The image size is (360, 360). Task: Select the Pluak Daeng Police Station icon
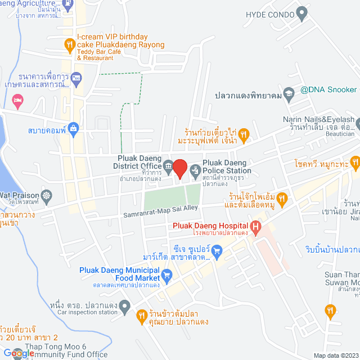pos(195,169)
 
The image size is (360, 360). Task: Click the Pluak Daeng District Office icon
pos(168,165)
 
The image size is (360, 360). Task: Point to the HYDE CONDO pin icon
pos(302,11)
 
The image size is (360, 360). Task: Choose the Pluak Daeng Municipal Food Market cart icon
pos(166,275)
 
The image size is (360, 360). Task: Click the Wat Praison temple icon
pos(46,196)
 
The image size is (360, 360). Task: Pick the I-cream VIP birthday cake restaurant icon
pos(69,43)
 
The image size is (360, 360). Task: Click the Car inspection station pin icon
pos(125,307)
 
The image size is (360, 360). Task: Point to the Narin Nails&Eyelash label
pos(318,120)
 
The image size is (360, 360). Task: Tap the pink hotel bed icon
pos(17,101)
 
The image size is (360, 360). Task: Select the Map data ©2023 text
pos(335,355)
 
